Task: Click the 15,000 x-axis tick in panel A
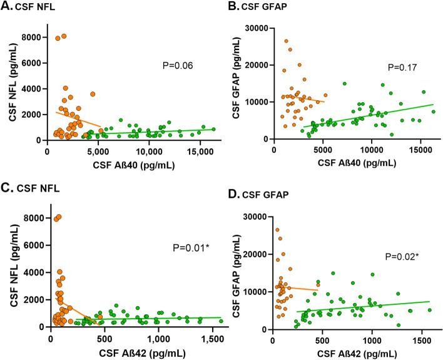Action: (x=199, y=152)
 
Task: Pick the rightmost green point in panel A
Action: (x=213, y=129)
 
